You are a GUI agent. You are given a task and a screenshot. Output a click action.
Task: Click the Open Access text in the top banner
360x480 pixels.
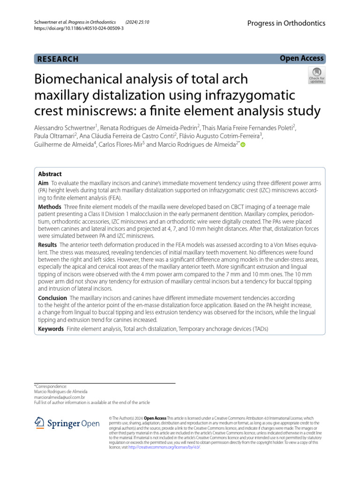[x=301, y=58]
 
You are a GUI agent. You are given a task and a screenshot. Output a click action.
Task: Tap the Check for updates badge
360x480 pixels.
[x=316, y=75]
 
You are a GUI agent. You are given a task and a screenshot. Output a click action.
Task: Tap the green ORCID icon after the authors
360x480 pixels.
[x=243, y=145]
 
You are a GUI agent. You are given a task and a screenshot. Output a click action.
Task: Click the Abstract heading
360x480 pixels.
[x=50, y=174]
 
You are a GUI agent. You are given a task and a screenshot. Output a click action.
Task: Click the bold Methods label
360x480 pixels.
[x=50, y=207]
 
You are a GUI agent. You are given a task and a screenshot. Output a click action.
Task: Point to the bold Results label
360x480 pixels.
[x=47, y=245]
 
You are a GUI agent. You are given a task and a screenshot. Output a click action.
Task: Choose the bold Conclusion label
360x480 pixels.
[x=52, y=298]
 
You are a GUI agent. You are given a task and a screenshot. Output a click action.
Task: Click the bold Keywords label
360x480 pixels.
[x=51, y=329]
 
